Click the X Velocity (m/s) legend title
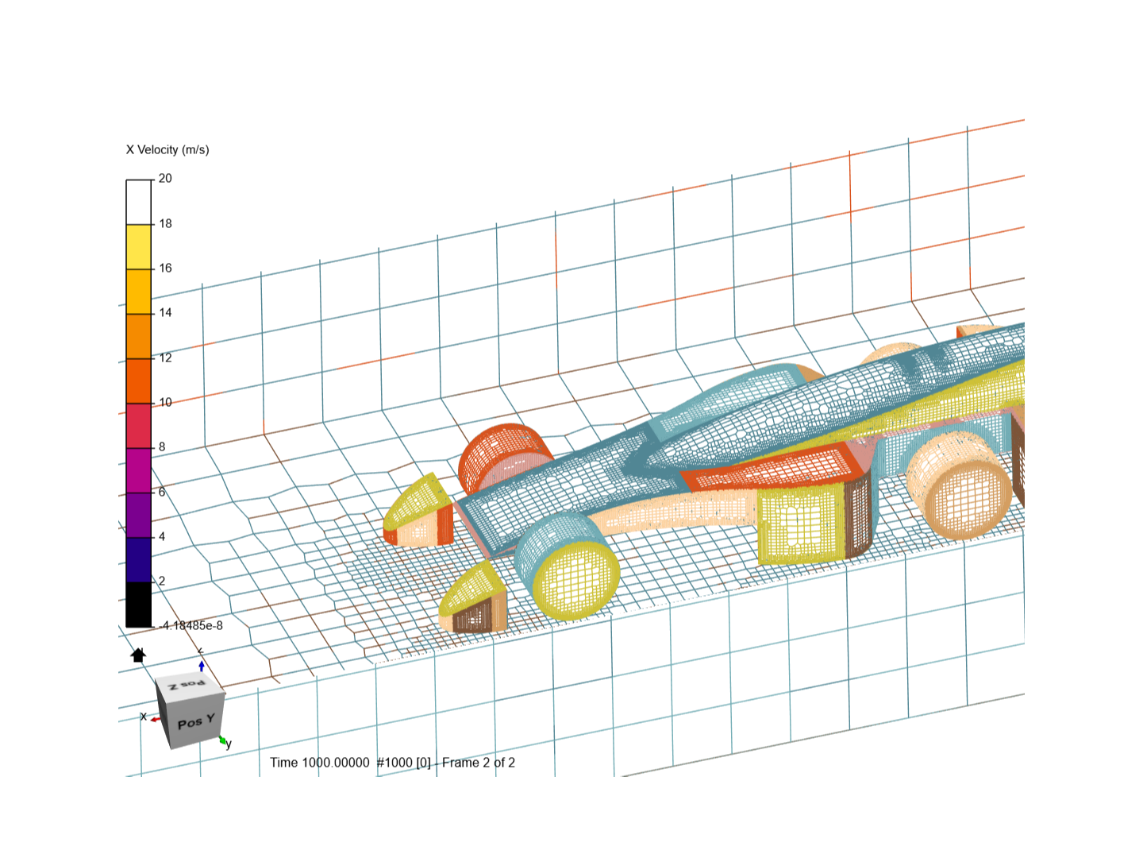tap(167, 150)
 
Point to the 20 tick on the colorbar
tap(165, 179)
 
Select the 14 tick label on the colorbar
tap(165, 313)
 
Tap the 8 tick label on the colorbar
tap(162, 447)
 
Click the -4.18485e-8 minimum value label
tap(190, 626)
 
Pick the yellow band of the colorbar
tap(138, 247)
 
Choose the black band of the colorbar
tap(138, 605)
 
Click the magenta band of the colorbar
tap(138, 470)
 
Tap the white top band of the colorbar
tap(138, 202)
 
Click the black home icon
tap(138, 655)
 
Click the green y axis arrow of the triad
tap(224, 740)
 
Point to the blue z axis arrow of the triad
tap(202, 664)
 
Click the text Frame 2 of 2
tap(479, 763)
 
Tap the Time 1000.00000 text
tap(319, 763)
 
